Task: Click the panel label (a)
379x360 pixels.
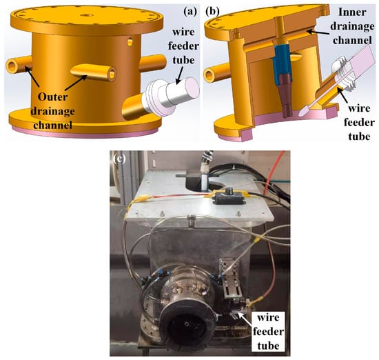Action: (190, 12)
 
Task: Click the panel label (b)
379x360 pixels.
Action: (212, 12)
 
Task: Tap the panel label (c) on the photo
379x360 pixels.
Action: (119, 159)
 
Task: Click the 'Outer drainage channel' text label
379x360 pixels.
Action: (52, 111)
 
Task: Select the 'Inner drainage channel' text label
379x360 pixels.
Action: (352, 26)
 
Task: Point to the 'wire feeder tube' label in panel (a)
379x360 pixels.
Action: (183, 46)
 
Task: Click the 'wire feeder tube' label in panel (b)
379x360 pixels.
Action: (359, 123)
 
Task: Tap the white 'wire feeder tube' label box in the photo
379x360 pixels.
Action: (268, 332)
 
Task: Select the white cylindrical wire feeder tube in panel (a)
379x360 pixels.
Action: (173, 96)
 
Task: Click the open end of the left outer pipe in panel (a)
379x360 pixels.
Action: (12, 66)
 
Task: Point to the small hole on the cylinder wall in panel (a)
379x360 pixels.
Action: (130, 42)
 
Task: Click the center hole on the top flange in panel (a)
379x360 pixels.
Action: (87, 15)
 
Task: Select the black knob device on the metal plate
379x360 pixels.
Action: (228, 197)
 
